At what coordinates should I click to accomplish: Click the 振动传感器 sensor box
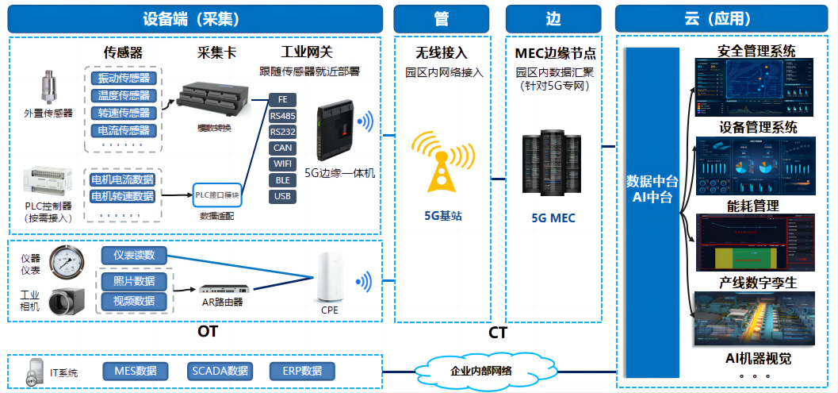(x=123, y=78)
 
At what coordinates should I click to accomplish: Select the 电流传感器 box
(x=123, y=130)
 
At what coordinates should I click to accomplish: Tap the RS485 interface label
(x=282, y=116)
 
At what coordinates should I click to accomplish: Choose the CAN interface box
(x=282, y=148)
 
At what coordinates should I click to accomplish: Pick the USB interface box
(x=282, y=196)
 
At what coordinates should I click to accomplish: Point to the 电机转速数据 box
(x=123, y=196)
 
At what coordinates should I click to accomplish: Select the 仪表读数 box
(x=134, y=255)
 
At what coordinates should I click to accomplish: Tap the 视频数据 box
(x=134, y=301)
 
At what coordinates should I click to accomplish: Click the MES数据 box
(x=136, y=371)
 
